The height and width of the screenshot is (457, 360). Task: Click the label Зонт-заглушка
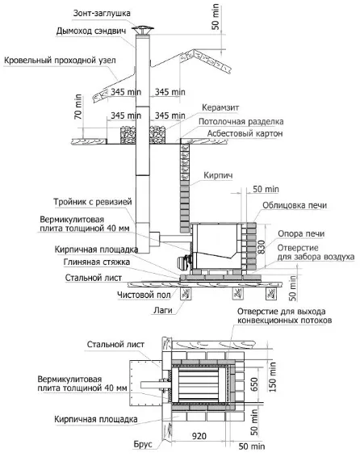click(x=102, y=14)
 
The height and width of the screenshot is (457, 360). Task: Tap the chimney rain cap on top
click(x=142, y=29)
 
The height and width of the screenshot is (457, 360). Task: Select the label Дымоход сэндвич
click(x=91, y=31)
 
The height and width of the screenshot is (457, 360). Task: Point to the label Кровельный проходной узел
click(x=60, y=61)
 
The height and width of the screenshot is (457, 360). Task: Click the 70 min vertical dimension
click(x=78, y=107)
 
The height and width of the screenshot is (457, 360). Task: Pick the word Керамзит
click(x=220, y=107)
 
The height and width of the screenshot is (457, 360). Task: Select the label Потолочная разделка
click(x=241, y=121)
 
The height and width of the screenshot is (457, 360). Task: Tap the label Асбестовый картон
click(x=245, y=133)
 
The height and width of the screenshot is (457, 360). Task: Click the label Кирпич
click(x=218, y=175)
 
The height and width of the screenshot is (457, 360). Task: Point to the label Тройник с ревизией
click(x=93, y=202)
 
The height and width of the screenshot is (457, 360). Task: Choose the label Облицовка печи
click(x=295, y=205)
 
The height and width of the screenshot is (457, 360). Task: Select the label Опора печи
click(x=301, y=233)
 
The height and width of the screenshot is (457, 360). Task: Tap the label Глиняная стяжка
click(x=97, y=262)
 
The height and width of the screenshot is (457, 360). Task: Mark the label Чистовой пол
click(x=144, y=295)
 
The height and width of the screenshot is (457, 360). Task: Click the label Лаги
click(x=163, y=310)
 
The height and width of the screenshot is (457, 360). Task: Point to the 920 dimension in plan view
click(x=199, y=436)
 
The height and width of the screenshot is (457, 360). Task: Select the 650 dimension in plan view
click(x=254, y=384)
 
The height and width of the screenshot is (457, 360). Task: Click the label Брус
click(x=143, y=444)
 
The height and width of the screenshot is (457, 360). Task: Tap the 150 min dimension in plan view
click(x=272, y=377)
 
